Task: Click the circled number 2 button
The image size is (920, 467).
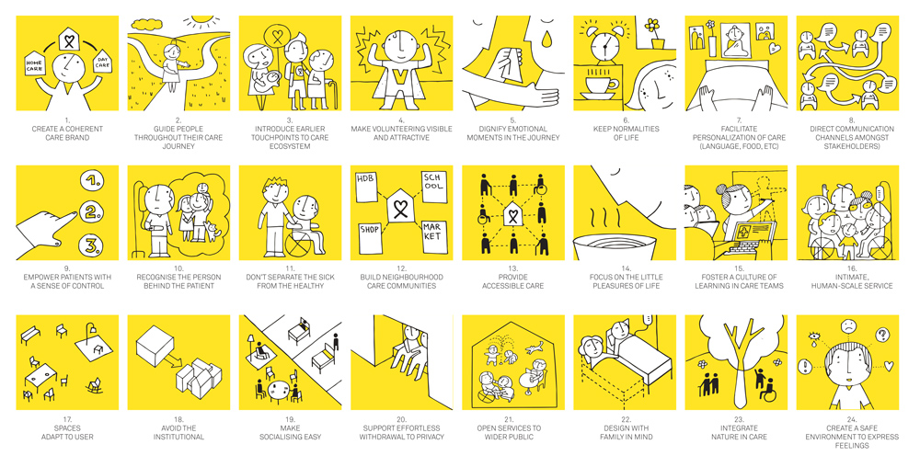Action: [91, 212]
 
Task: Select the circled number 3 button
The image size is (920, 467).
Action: [91, 245]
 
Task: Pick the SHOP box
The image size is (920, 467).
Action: [370, 237]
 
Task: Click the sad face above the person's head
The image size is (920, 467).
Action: [845, 326]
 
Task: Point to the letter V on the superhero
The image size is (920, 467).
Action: [401, 78]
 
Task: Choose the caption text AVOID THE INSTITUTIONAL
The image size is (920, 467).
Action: [178, 432]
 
